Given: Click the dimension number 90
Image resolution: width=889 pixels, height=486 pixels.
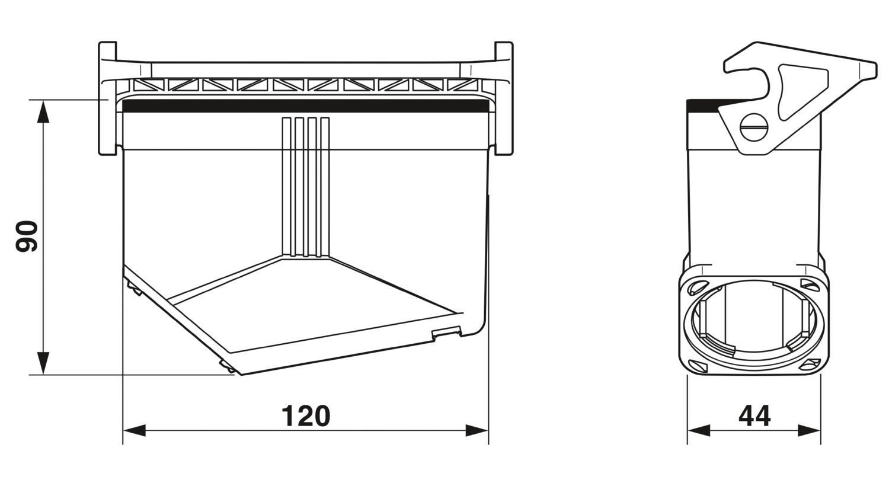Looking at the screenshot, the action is (27, 236).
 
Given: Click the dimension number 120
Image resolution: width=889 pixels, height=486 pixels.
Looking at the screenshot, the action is (306, 416).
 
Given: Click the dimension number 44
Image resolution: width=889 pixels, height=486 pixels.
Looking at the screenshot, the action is (754, 416).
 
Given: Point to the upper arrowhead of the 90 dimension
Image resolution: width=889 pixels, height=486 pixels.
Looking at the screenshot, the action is (43, 111).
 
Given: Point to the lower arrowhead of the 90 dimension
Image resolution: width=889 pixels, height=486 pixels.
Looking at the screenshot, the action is (43, 363).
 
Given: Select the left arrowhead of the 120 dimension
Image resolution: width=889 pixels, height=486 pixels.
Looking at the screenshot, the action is (135, 430).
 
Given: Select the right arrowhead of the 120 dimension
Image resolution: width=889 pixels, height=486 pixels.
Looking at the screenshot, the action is (477, 430).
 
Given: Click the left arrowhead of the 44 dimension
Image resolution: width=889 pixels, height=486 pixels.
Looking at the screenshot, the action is (699, 430).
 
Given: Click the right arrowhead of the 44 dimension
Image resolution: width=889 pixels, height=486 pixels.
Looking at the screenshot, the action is (809, 430).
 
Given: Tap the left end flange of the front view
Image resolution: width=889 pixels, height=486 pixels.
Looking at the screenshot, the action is (107, 98).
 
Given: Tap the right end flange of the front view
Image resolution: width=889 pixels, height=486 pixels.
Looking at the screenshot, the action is (504, 98).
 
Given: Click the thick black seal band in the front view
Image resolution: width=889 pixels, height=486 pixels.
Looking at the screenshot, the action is (306, 106).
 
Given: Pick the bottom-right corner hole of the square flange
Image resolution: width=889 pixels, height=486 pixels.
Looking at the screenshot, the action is (810, 364).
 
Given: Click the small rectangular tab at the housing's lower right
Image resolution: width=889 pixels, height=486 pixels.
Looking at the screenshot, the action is (446, 332).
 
